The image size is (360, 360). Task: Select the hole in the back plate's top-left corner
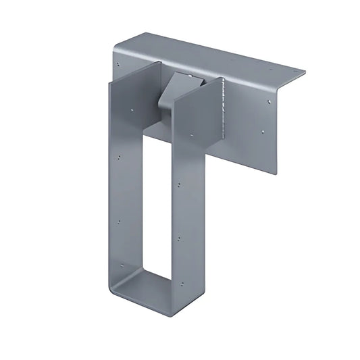[119, 65]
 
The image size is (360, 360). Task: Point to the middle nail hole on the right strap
[178, 238]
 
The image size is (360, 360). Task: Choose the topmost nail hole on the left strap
[120, 157]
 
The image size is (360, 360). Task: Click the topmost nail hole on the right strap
[179, 184]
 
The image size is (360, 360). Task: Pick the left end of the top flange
[116, 49]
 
